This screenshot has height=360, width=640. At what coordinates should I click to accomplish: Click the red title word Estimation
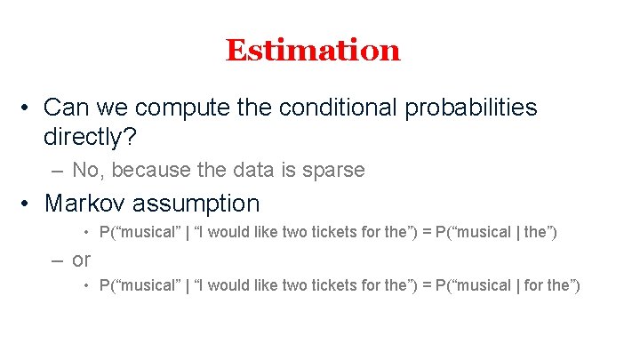(313, 50)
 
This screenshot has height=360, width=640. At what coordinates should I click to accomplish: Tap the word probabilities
(470, 108)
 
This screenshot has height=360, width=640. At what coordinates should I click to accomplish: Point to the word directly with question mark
(90, 137)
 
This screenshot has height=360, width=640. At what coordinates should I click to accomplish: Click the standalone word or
(82, 260)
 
